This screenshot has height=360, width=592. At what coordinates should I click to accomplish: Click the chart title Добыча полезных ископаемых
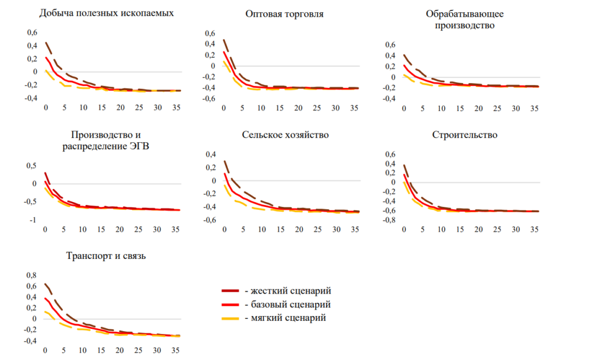tap(106, 12)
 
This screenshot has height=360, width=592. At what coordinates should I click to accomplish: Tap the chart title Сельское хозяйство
tap(285, 135)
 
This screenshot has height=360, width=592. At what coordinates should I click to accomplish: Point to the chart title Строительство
tap(465, 135)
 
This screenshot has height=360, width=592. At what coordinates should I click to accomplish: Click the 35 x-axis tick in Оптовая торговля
tap(354, 108)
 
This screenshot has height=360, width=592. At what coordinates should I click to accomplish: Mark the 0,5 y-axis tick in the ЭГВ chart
tap(32, 166)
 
